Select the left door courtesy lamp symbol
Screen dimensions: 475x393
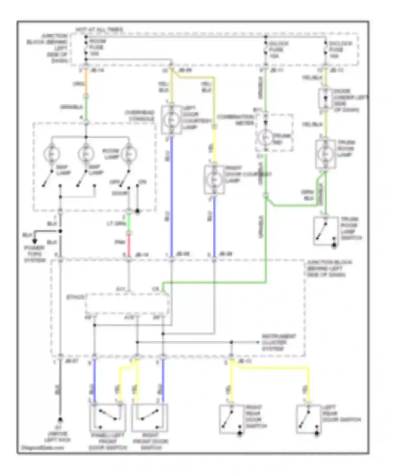click(172, 120)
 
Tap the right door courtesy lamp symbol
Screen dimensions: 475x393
click(214, 180)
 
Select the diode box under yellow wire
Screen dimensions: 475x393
click(325, 98)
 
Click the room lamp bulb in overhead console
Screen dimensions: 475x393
click(129, 154)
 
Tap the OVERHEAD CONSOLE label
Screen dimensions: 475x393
click(139, 115)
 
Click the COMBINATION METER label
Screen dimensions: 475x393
click(235, 120)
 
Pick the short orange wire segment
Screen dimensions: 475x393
click(86, 82)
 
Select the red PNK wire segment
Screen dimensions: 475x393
click(129, 245)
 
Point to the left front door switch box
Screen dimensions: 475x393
click(108, 417)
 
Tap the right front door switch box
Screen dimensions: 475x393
click(149, 417)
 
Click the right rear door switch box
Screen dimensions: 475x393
click(231, 419)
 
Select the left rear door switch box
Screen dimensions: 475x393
click(308, 419)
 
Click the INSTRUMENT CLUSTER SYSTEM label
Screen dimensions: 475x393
click(279, 343)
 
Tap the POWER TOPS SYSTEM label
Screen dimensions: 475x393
click(35, 254)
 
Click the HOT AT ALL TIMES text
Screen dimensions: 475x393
click(99, 30)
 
